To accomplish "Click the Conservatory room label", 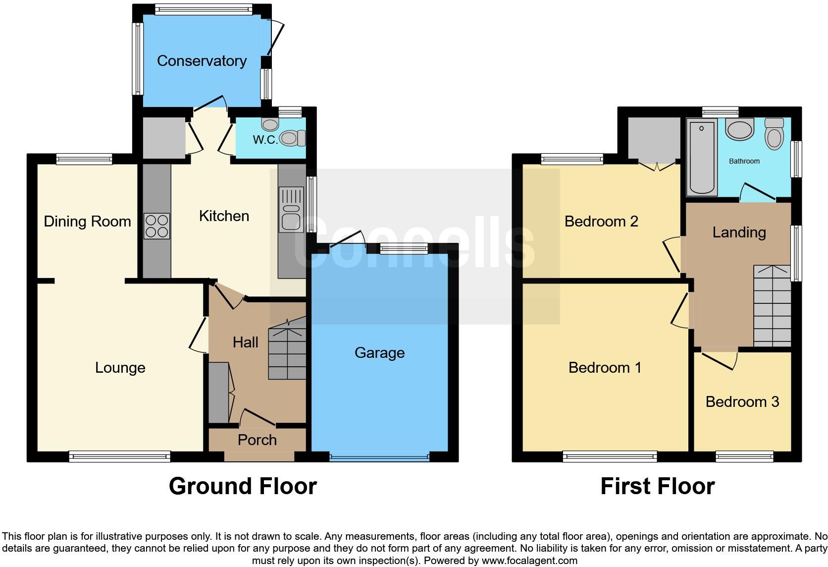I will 202,61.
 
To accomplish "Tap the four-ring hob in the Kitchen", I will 156,226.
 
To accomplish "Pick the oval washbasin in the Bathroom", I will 739,129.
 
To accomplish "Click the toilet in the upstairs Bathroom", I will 774,134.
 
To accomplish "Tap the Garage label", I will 379,353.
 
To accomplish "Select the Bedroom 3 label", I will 742,401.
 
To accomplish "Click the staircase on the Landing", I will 772,306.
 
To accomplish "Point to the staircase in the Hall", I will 287,349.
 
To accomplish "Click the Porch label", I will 257,440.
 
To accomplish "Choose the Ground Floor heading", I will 243,486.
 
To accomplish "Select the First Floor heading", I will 657,486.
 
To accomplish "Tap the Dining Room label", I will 87,221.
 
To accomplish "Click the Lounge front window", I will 119,456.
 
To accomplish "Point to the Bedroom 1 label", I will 605,367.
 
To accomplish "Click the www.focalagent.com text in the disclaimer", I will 529,561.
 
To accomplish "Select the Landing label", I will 739,232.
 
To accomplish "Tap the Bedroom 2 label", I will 601,221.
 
